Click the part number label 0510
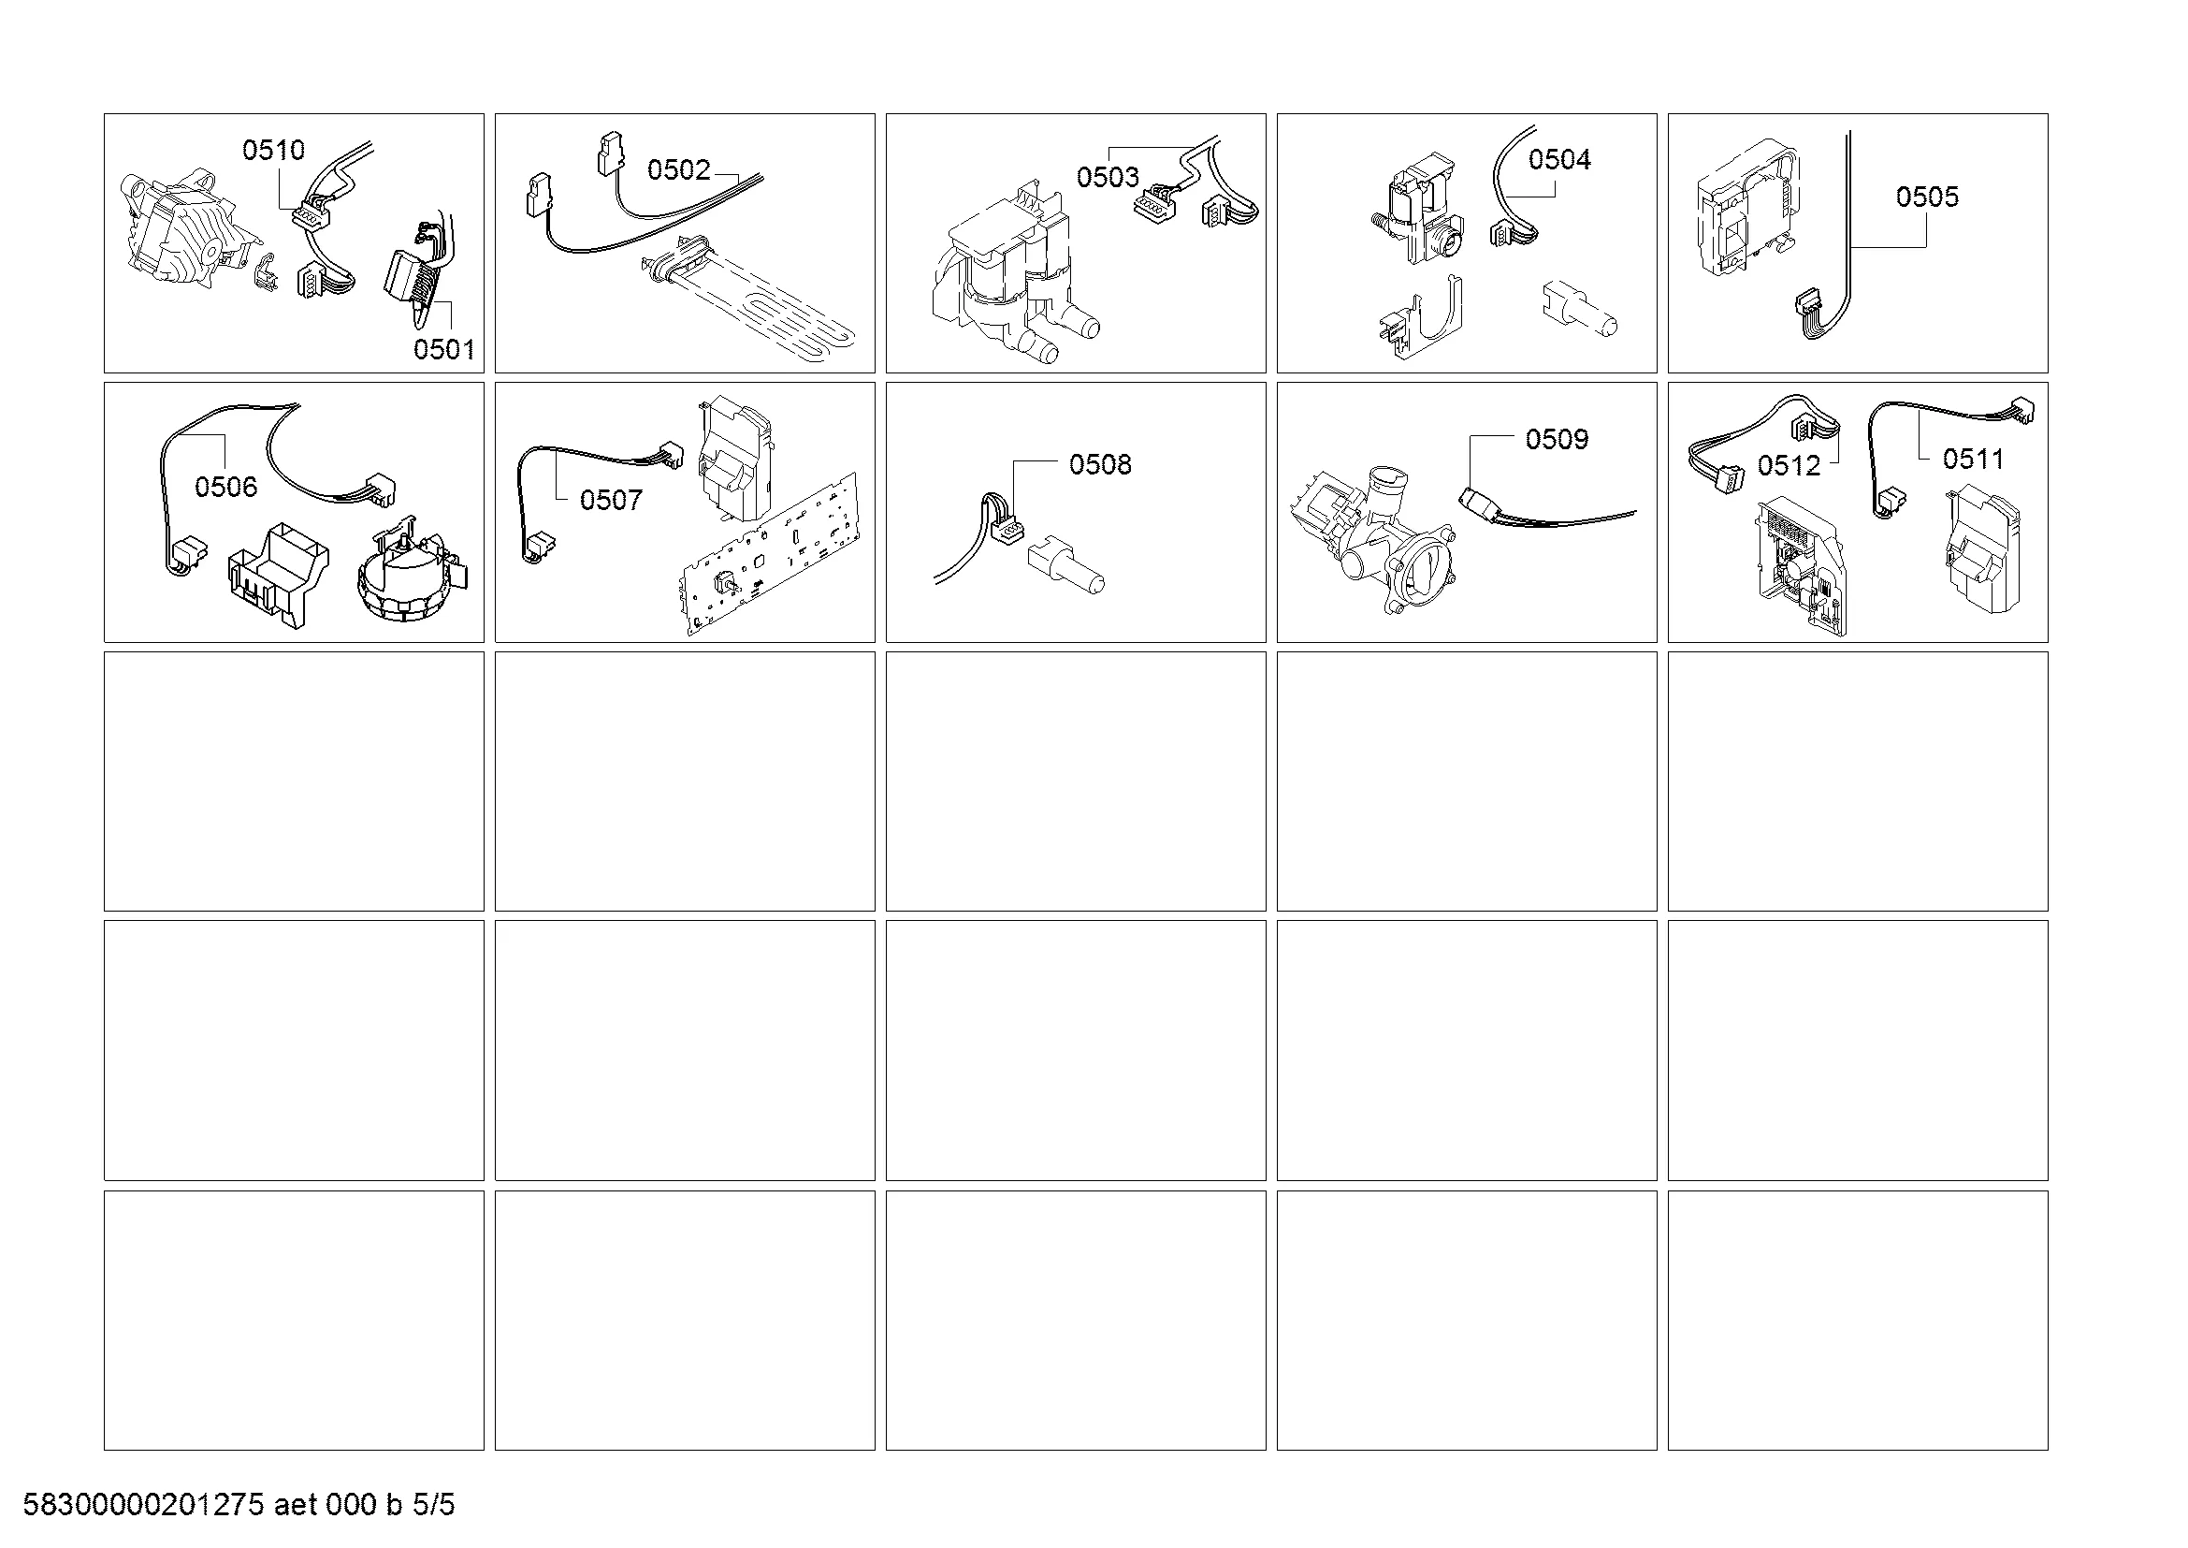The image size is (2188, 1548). (273, 150)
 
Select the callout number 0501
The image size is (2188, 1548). (444, 349)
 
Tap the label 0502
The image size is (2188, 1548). (678, 169)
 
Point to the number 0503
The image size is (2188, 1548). (1108, 176)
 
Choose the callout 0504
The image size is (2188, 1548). (1560, 159)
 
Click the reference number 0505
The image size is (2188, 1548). (1927, 197)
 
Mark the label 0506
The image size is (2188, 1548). (225, 487)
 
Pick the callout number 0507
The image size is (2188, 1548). (611, 500)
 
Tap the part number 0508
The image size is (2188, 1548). (1100, 464)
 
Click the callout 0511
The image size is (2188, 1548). (1974, 459)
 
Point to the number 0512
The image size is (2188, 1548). (1789, 465)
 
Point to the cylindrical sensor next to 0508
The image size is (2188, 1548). (1066, 568)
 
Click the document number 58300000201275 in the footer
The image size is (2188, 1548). (143, 1505)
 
